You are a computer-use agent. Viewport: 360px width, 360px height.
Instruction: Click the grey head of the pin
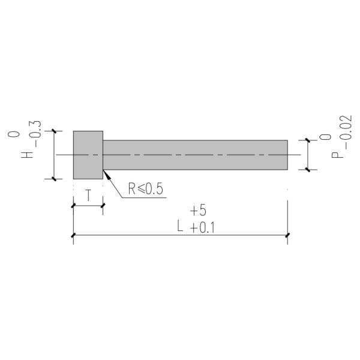(x=88, y=155)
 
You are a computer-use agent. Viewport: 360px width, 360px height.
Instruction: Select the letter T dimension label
(x=88, y=196)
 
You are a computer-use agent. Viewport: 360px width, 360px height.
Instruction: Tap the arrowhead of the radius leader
(x=106, y=173)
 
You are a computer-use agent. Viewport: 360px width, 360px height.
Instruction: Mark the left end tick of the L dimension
(x=73, y=235)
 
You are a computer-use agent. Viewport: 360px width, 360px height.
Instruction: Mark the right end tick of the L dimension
(x=288, y=235)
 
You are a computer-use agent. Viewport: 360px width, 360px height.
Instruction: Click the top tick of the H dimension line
(x=54, y=131)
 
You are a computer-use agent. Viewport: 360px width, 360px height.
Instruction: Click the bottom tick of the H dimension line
(x=54, y=179)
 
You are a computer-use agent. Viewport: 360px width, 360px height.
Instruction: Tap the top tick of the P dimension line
(x=308, y=140)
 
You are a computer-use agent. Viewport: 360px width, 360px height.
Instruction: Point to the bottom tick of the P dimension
(x=308, y=170)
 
